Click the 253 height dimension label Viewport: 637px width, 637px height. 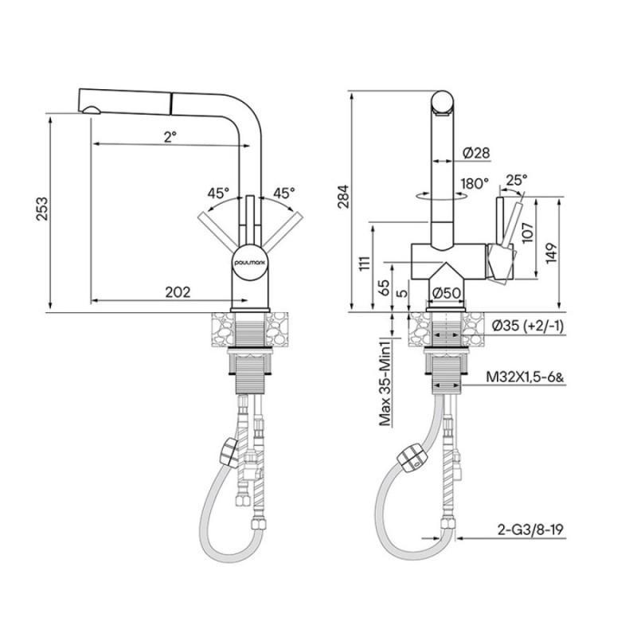(42, 209)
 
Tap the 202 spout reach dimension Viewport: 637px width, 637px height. (178, 292)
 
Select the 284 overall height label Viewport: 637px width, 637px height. (343, 197)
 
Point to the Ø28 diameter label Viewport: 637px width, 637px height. (476, 153)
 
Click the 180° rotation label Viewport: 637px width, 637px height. (475, 184)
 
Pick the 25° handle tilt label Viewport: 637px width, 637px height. (516, 179)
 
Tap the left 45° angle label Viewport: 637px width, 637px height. (218, 193)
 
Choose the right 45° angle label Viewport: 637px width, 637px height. (284, 193)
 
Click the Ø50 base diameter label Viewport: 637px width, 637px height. (446, 293)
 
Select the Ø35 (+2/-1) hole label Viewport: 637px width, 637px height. (528, 326)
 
